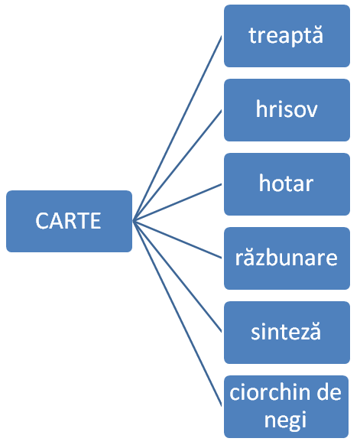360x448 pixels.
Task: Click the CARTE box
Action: [x=69, y=221]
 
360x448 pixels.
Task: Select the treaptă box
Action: [x=287, y=36]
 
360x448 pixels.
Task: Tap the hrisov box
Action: [x=287, y=110]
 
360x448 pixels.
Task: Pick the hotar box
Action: [x=287, y=184]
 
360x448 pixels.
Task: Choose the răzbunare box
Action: [x=287, y=258]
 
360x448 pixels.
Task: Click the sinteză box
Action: [x=287, y=333]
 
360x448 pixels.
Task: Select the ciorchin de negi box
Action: [x=287, y=407]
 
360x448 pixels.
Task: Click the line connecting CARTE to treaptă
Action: [x=177, y=128]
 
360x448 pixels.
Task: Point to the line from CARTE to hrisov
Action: [x=177, y=166]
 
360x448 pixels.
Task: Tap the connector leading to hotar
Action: [x=177, y=203]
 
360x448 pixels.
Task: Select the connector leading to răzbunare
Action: [x=177, y=240]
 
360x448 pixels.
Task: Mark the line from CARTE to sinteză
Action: [x=177, y=277]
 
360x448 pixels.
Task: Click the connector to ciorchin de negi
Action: [x=177, y=313]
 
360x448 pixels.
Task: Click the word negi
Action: [x=285, y=420]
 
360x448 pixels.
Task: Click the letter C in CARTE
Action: [x=42, y=221]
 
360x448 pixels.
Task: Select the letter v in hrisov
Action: [x=311, y=111]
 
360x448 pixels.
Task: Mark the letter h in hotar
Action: [x=265, y=183]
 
